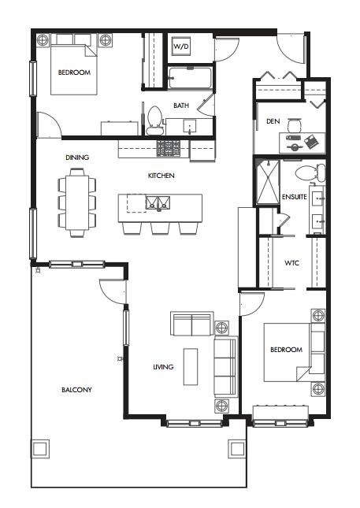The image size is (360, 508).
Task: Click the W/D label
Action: click(x=181, y=46)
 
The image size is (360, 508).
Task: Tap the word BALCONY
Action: click(x=76, y=390)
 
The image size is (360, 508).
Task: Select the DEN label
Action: click(x=273, y=121)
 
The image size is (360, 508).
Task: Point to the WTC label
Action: click(x=291, y=263)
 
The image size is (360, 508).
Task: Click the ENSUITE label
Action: click(x=294, y=197)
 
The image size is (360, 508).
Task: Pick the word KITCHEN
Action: click(x=161, y=176)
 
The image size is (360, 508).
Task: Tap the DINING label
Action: click(x=77, y=158)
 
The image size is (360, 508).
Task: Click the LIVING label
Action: click(x=163, y=367)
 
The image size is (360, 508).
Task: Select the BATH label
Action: click(x=181, y=106)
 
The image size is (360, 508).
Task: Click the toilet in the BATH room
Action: click(x=154, y=121)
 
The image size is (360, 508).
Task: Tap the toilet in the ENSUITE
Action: click(x=310, y=172)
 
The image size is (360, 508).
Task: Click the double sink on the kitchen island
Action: click(x=158, y=203)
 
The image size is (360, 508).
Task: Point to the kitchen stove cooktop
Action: click(x=168, y=149)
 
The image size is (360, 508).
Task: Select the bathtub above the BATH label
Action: click(x=190, y=78)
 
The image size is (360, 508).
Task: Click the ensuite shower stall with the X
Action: click(x=268, y=183)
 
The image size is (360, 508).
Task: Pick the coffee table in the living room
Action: click(x=191, y=366)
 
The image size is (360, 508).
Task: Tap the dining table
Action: click(x=76, y=202)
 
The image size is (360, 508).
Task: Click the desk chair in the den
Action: click(x=295, y=124)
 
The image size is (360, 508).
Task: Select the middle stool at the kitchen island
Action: click(x=161, y=228)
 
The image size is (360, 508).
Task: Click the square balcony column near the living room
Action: click(x=236, y=449)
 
